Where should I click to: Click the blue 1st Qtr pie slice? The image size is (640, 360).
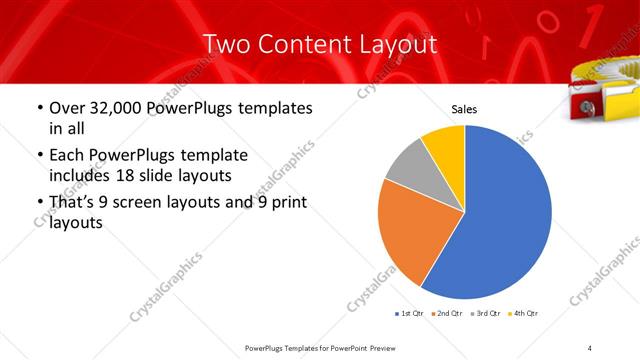pos(500,220)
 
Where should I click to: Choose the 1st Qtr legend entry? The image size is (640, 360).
pos(410,314)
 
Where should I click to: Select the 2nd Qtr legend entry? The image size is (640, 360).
pos(446,314)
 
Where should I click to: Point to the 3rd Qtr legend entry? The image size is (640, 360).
pos(485,314)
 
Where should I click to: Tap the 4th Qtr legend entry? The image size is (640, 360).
pos(524,314)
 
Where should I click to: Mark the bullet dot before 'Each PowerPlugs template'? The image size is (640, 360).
pos(39,157)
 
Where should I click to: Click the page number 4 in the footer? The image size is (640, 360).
pos(590,347)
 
